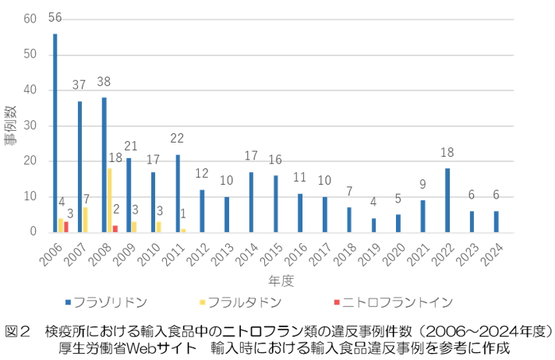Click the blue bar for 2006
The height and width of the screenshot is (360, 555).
(55, 132)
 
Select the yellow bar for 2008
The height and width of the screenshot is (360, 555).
(109, 200)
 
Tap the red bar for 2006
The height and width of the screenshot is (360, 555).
(66, 227)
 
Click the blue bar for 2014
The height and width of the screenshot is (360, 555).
(250, 202)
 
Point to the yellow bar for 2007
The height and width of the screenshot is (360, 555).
(85, 220)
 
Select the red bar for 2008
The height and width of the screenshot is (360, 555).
(115, 228)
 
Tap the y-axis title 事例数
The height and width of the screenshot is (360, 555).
(11, 125)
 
